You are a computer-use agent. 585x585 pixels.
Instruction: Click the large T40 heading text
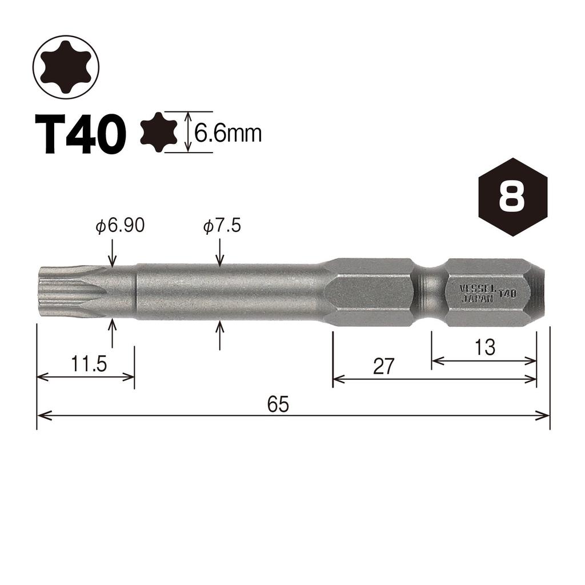pos(80,134)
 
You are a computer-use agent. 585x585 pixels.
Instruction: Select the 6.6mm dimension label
pos(227,134)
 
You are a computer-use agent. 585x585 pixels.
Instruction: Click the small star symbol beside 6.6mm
pos(159,133)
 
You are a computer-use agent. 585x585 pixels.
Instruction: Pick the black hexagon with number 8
pos(512,197)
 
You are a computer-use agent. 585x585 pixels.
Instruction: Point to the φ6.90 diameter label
pos(120,226)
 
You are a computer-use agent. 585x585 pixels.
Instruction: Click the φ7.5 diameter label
pos(222,226)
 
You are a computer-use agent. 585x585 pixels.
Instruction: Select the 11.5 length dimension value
pos(89,364)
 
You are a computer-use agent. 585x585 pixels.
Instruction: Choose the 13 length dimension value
pos(484,347)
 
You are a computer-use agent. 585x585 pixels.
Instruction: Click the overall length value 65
pos(278,404)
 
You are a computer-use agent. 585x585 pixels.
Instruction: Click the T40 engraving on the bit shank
pos(507,294)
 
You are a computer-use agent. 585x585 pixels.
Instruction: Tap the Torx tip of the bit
pos(71,291)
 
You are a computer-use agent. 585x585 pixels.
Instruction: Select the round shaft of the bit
pos(229,291)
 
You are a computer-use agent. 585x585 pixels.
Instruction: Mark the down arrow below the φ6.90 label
pos(113,253)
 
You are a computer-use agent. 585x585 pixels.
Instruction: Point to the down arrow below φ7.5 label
pos(221,253)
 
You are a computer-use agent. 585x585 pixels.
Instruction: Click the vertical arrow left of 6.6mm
pos(188,133)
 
